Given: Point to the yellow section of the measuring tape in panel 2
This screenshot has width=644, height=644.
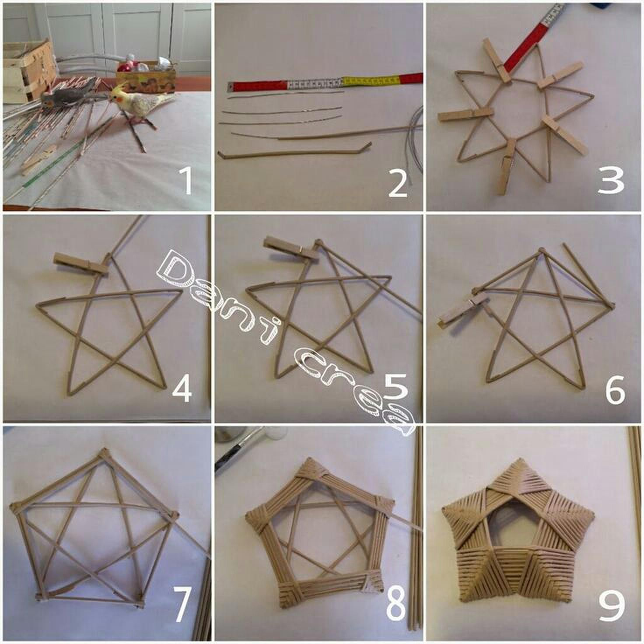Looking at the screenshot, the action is click(x=371, y=80).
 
